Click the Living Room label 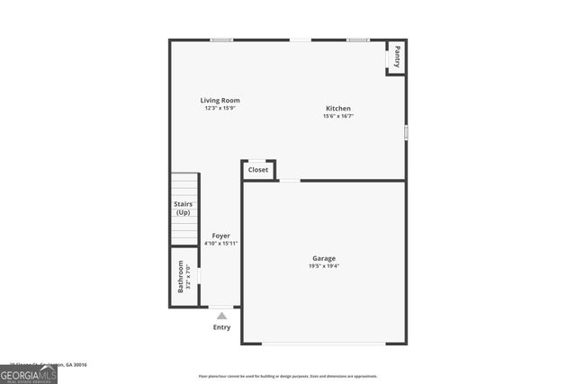220,100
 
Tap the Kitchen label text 337,109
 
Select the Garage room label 324,258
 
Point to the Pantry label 397,58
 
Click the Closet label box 258,169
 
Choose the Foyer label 220,236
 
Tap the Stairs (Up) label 184,209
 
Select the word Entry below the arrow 221,327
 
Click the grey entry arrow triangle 221,316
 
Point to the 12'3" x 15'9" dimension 220,108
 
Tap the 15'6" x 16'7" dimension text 337,116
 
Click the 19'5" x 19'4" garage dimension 324,265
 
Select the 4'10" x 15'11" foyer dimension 220,243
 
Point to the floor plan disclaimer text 288,377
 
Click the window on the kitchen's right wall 406,132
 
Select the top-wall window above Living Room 222,40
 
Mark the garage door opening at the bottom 323,344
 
